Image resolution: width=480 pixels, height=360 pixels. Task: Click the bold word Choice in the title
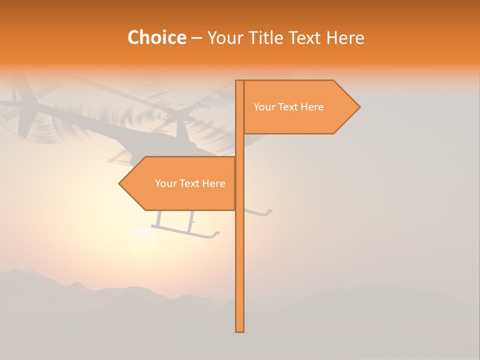156,38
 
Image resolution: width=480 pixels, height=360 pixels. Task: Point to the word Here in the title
344,38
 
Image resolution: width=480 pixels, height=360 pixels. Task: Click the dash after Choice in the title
196,38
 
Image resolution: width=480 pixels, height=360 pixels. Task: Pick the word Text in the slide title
305,38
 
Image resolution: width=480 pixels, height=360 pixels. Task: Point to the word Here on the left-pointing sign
213,183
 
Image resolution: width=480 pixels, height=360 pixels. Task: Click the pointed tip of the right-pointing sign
359,106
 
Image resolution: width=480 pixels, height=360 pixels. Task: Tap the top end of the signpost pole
239,81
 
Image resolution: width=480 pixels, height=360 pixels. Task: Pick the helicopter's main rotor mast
180,130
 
